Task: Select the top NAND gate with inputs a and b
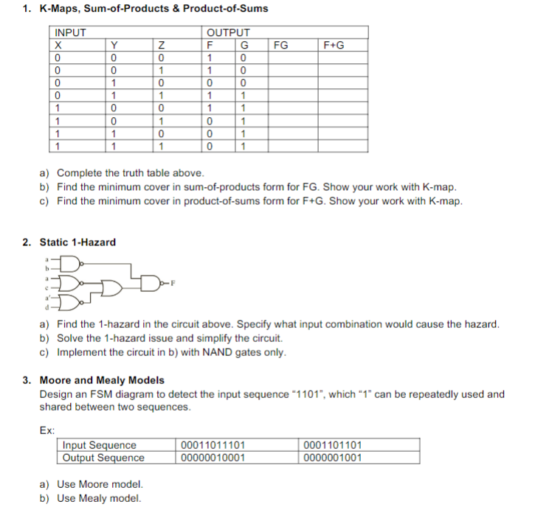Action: click(69, 264)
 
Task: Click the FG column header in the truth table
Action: click(280, 45)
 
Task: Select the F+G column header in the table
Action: click(334, 45)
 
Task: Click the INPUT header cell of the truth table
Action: click(71, 33)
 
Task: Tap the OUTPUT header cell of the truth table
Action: click(228, 33)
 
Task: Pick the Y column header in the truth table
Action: click(114, 45)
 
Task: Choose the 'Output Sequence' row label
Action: click(103, 458)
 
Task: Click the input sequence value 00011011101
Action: click(213, 445)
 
